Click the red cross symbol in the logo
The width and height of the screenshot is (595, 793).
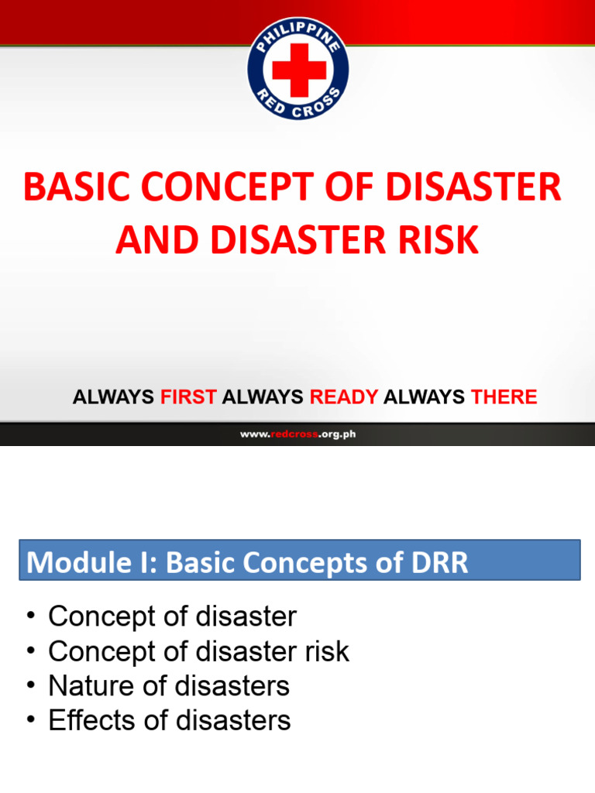pos(298,68)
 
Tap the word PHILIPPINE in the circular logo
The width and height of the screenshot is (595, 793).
pos(298,30)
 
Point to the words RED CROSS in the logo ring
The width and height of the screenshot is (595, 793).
pos(298,109)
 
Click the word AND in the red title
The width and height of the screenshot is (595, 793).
pos(148,240)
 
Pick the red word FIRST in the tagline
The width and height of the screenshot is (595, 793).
pos(188,397)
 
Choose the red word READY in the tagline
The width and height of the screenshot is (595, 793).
pos(344,397)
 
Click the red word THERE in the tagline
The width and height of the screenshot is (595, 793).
pos(504,397)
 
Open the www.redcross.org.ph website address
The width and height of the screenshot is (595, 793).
pos(297,434)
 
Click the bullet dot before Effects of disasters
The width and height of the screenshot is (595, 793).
pos(30,720)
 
